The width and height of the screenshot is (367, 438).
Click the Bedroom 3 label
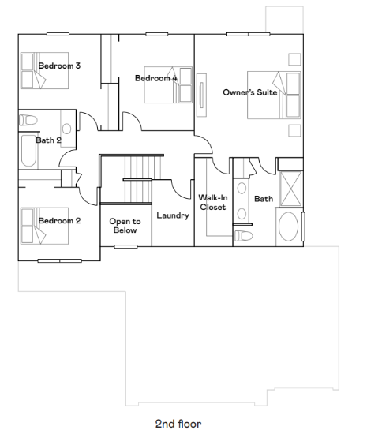point(60,66)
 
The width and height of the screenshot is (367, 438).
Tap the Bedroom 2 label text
point(60,220)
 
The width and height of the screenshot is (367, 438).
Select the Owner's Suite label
point(249,92)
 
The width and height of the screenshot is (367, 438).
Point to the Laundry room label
point(172,215)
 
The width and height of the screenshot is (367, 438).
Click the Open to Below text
point(125,226)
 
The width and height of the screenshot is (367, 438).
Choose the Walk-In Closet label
point(212,202)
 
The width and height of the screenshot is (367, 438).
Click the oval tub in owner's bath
point(289,227)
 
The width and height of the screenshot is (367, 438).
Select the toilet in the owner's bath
point(245,234)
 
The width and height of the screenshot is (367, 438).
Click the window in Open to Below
point(125,246)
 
